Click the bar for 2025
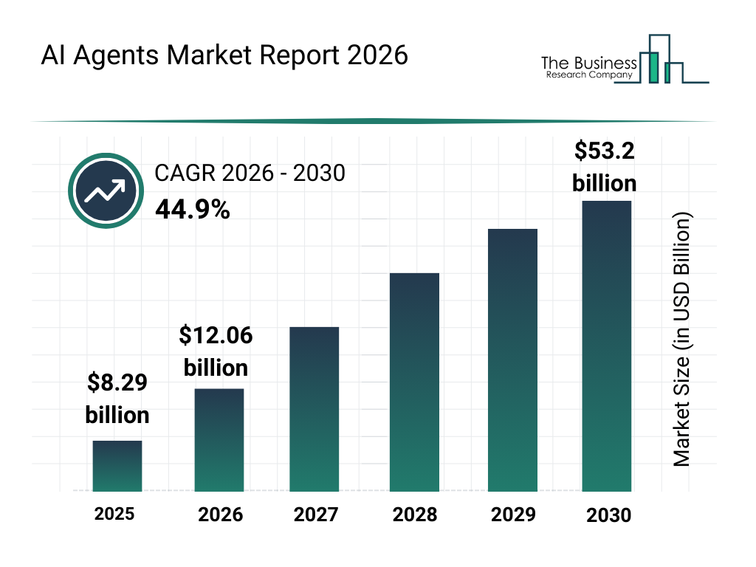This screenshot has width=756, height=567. pyautogui.click(x=117, y=466)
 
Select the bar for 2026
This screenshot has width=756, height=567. pyautogui.click(x=219, y=440)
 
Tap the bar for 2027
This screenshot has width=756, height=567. pyautogui.click(x=315, y=409)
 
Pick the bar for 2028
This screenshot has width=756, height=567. pyautogui.click(x=414, y=382)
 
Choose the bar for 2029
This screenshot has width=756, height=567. pyautogui.click(x=512, y=360)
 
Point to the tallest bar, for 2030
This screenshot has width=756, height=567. pyautogui.click(x=607, y=346)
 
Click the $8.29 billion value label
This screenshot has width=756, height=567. pyautogui.click(x=117, y=399)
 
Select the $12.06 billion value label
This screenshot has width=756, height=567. pyautogui.click(x=216, y=351)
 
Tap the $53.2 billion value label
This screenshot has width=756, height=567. pyautogui.click(x=605, y=167)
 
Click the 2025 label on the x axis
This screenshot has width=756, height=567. pyautogui.click(x=114, y=514)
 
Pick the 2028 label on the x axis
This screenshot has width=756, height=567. pyautogui.click(x=414, y=515)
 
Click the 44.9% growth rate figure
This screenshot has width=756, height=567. pyautogui.click(x=193, y=210)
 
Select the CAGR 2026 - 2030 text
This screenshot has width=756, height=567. pyautogui.click(x=250, y=173)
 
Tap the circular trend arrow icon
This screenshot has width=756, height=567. pyautogui.click(x=106, y=190)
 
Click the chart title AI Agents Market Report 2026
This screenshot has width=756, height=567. pyautogui.click(x=224, y=55)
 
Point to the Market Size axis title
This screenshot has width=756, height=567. pyautogui.click(x=681, y=340)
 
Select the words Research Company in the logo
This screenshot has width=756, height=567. pyautogui.click(x=589, y=75)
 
